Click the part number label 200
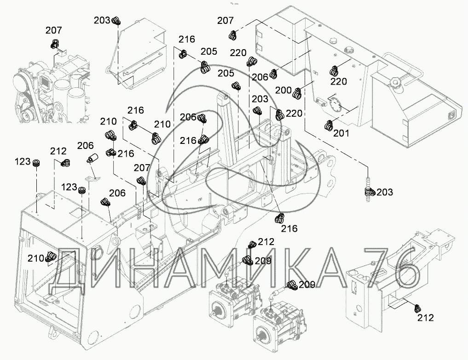pos(284,91)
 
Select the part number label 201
pos(341,134)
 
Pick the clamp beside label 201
pos(329,125)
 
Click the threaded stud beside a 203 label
pos(368,189)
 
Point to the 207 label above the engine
pos(53,31)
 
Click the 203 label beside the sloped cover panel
pos(102,20)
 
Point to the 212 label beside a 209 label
pos(266,242)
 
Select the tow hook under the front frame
pos(51,330)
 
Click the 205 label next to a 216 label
pos(208,51)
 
